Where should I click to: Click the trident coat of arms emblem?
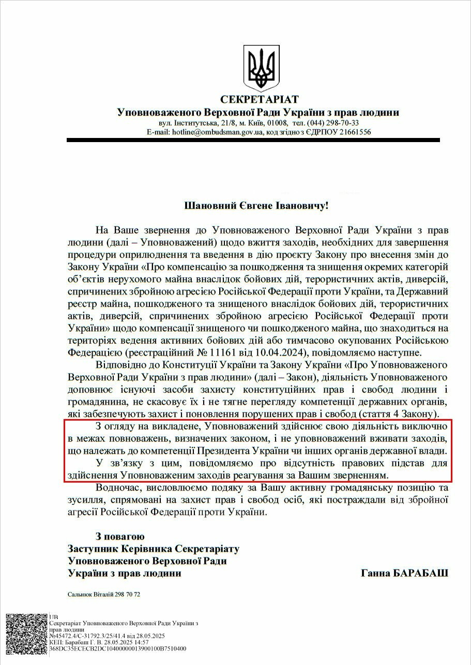[x=261, y=66]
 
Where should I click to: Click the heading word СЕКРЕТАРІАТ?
[x=259, y=99]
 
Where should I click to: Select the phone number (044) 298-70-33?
[x=333, y=123]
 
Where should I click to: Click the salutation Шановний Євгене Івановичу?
[x=256, y=206]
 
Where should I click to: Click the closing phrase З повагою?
[x=120, y=536]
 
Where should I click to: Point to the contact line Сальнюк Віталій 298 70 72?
[x=104, y=594]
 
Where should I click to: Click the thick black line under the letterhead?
[x=253, y=140]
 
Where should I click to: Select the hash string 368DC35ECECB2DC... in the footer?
[x=117, y=648]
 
